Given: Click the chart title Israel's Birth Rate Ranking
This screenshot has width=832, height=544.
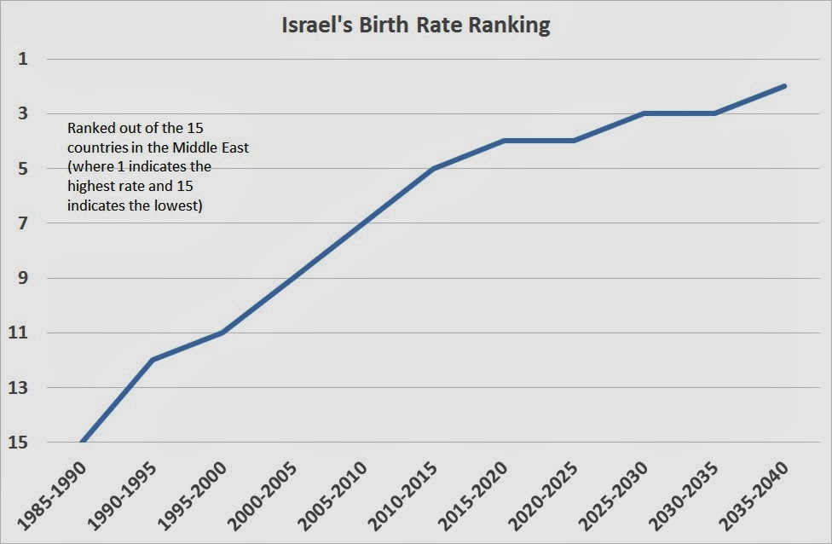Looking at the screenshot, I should [416, 26].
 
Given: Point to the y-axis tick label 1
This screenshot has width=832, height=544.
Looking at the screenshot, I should [22, 59].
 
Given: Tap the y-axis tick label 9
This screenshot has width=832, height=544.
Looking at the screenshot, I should [22, 278].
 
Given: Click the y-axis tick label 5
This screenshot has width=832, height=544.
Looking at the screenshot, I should [22, 169].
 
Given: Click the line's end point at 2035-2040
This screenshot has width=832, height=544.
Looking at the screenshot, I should [784, 86].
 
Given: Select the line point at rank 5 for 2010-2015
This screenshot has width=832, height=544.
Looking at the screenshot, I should [433, 169].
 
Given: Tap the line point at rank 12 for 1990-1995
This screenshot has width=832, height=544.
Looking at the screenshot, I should [152, 360].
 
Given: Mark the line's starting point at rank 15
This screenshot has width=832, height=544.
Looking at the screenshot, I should [82, 442].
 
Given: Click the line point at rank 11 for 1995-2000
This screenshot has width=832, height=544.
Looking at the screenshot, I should [222, 333].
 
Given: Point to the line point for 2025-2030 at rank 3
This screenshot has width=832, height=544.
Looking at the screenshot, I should [644, 113].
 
